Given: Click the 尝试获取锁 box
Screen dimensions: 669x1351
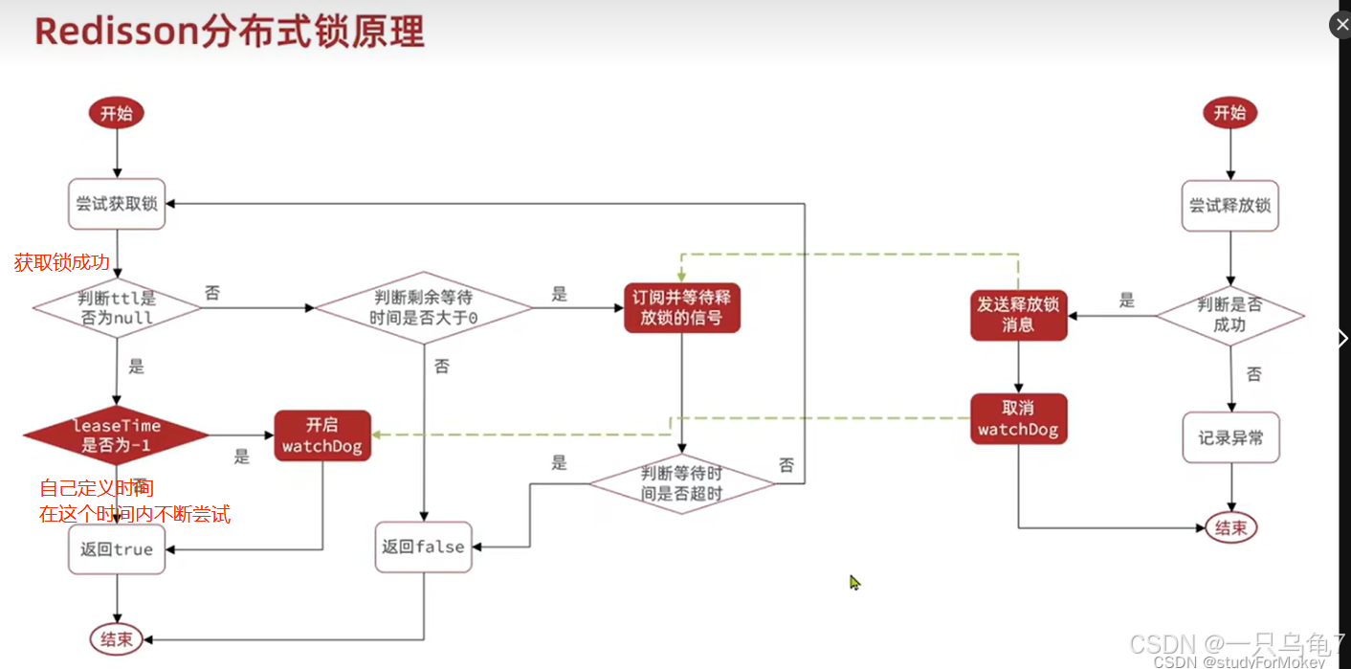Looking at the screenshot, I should (x=117, y=204).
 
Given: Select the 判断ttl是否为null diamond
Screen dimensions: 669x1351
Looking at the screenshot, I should (x=117, y=307).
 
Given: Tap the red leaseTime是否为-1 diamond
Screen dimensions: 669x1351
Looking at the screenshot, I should (x=117, y=435).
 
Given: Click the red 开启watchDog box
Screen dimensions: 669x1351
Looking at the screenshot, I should (x=322, y=435).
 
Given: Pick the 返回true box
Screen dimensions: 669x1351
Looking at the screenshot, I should (x=117, y=549).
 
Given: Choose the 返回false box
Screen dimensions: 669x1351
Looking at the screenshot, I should (x=423, y=547).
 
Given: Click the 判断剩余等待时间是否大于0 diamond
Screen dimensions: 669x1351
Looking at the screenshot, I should (x=423, y=307).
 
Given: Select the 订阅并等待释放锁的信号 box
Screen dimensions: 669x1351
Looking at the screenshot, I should (x=681, y=307).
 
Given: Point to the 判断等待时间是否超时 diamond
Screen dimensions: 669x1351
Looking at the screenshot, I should (x=681, y=484).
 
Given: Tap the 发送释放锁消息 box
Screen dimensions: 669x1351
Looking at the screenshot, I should (x=1018, y=315).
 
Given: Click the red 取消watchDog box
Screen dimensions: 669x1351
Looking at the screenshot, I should (x=1018, y=419).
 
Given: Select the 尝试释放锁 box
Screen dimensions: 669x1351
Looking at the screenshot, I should (x=1229, y=206).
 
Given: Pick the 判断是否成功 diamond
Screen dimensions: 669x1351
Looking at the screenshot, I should (x=1229, y=315).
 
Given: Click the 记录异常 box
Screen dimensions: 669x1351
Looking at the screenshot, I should (x=1230, y=437).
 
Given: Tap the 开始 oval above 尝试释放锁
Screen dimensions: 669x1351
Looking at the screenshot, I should (x=1229, y=113).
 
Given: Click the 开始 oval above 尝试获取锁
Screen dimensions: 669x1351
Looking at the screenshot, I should (x=117, y=113).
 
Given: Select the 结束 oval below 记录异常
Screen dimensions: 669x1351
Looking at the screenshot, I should (x=1230, y=527).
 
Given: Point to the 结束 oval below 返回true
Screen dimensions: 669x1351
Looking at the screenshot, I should (x=117, y=638).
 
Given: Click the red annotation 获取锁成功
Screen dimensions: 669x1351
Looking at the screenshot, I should (x=62, y=262).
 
